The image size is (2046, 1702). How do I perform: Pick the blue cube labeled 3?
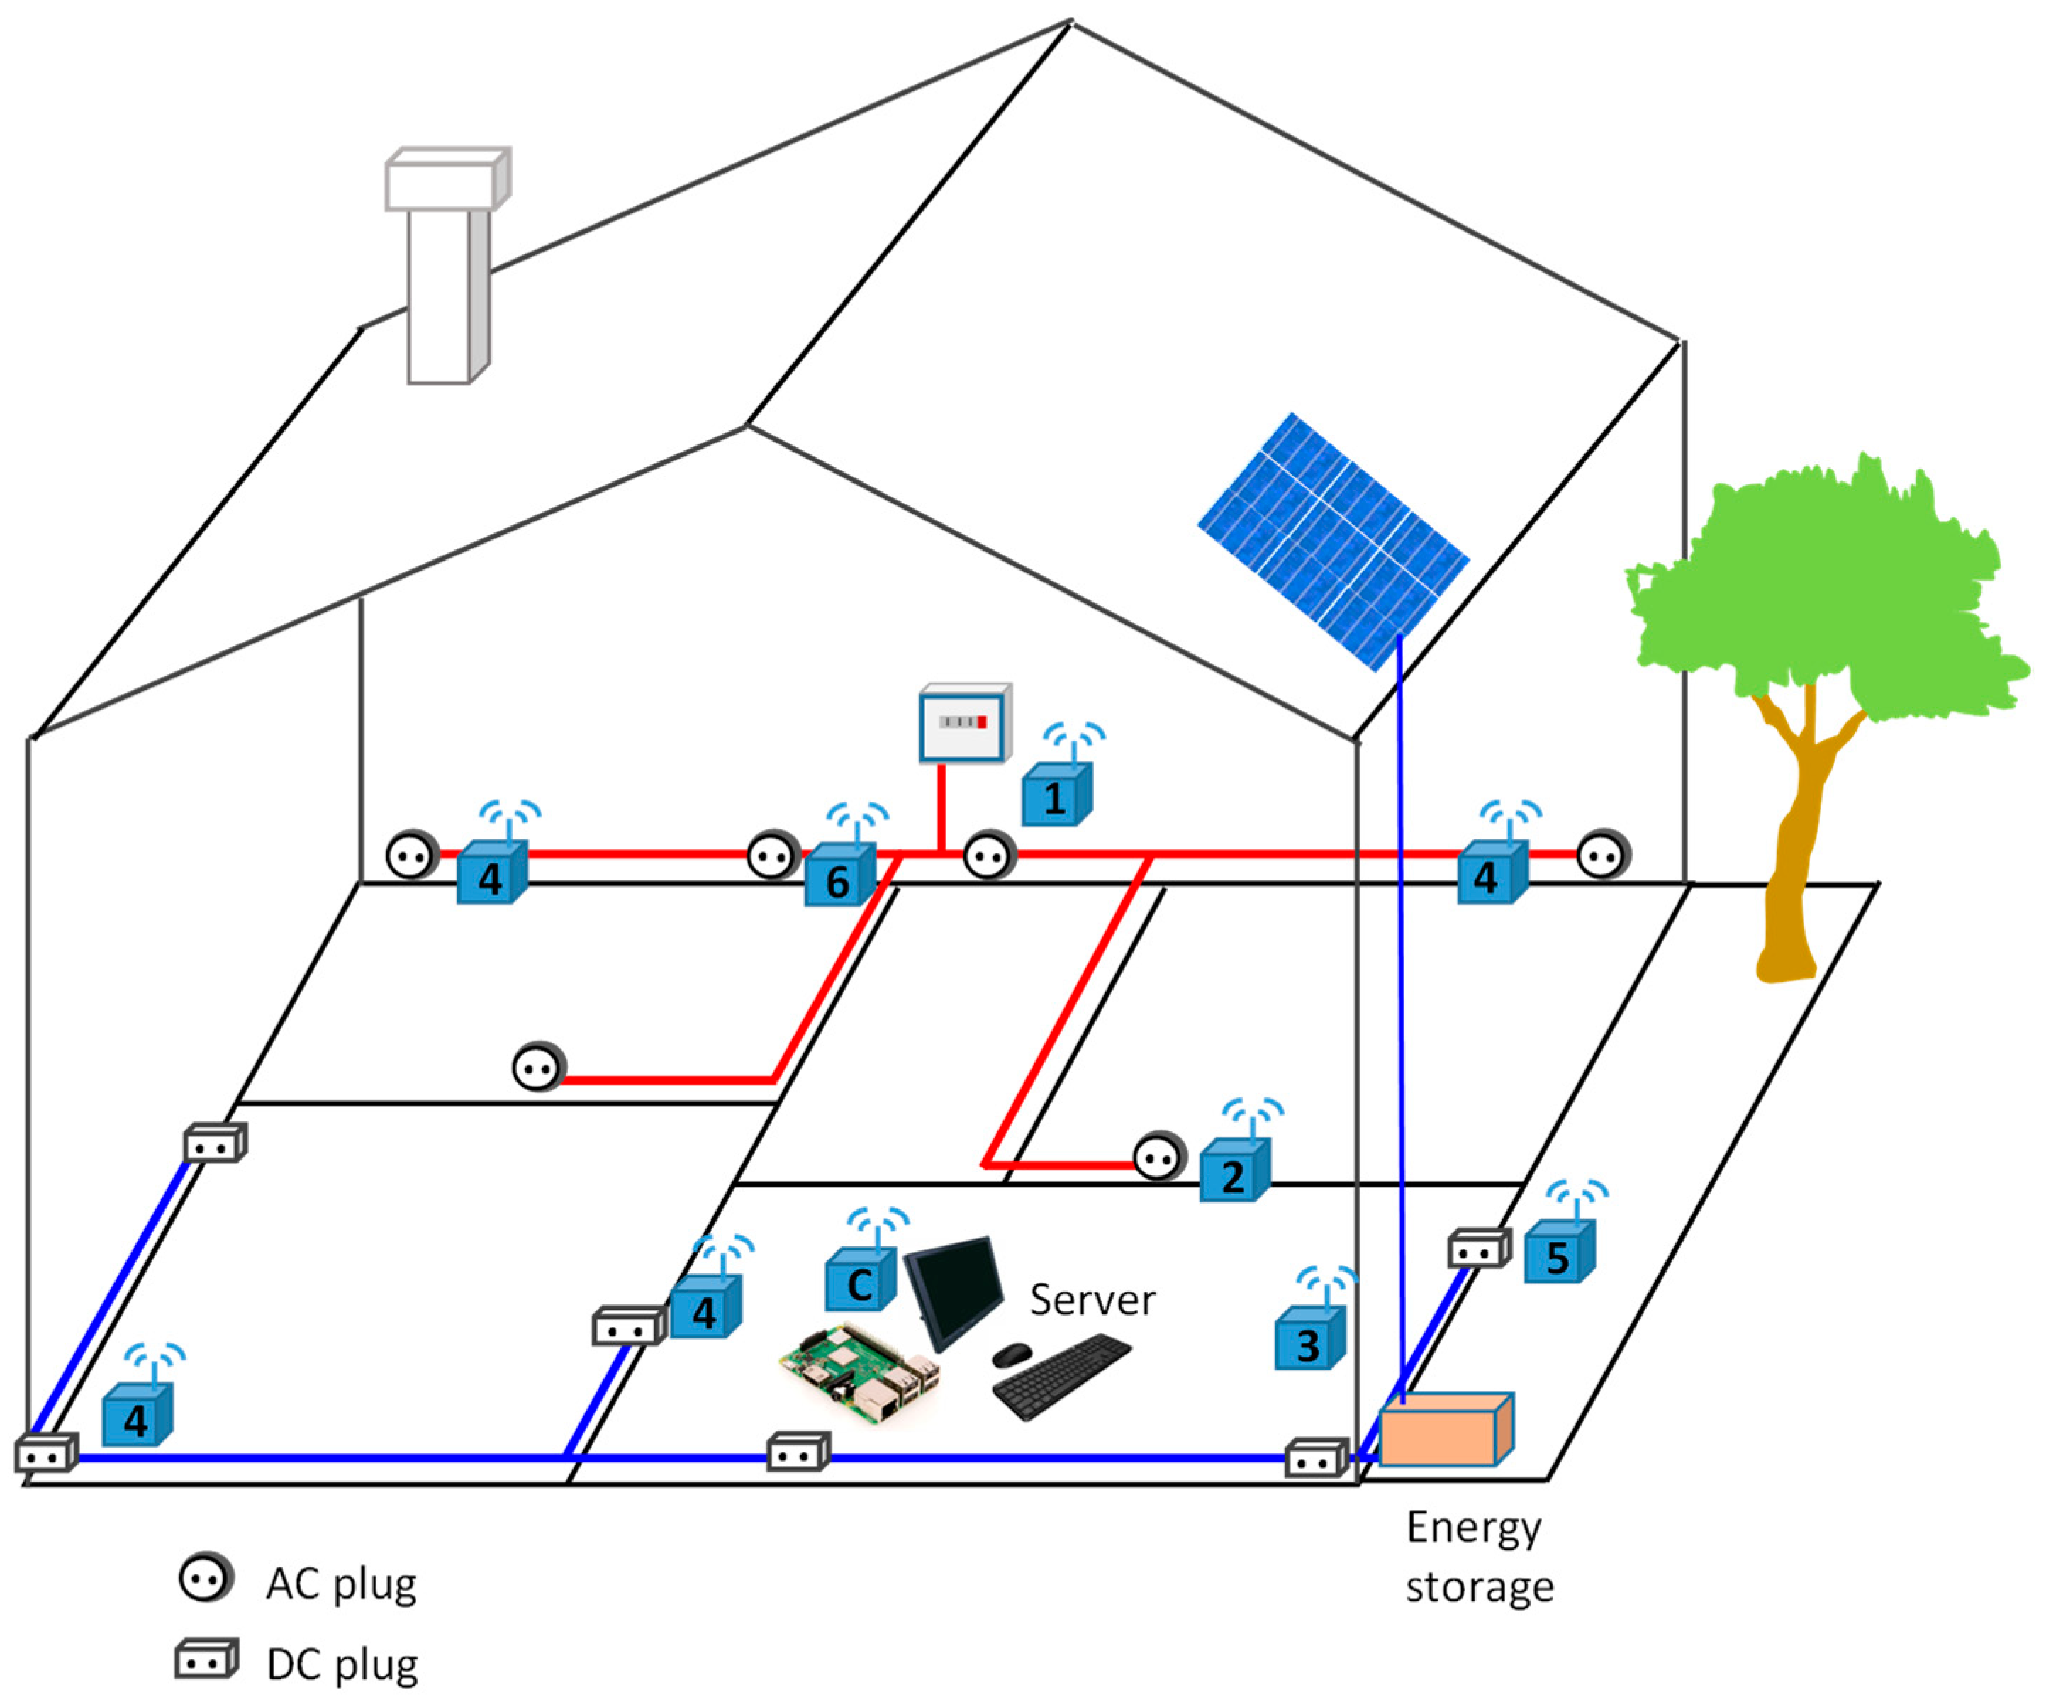pos(1309,1340)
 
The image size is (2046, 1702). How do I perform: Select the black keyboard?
pos(1062,1377)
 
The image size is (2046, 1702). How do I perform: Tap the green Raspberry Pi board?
pos(857,1369)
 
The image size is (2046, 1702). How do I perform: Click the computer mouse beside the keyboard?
pos(1012,1353)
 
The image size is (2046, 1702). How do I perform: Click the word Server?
pos(1092,1301)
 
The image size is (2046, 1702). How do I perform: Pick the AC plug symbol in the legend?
pos(206,1578)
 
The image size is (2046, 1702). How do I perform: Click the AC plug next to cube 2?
pos(1158,1158)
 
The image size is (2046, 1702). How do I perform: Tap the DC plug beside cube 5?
pos(1478,1249)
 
